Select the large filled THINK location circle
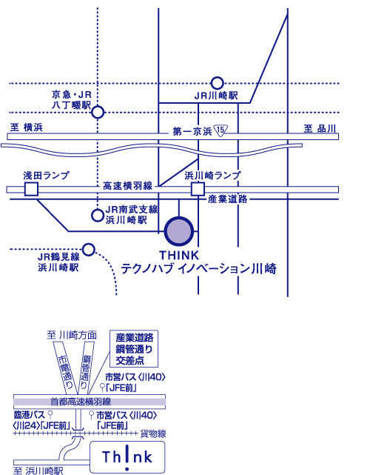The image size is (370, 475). point(179,231)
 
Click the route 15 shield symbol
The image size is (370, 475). point(221,130)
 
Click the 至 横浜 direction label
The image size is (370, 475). point(27,127)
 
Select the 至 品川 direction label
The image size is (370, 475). point(320,129)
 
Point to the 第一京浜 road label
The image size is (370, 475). point(192,131)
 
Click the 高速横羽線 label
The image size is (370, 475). point(128,186)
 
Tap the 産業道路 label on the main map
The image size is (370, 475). point(227,199)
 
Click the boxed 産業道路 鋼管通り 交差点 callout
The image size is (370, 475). point(134,348)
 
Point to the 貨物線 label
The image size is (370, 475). point(153,434)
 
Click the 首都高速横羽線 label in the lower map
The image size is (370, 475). point(81,402)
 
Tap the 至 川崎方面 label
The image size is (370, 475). point(72,335)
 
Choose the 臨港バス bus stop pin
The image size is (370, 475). point(50,415)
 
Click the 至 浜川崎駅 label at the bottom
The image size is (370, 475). point(38,471)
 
